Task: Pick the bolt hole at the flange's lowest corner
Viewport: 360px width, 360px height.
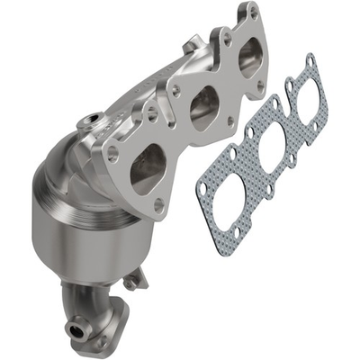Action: (159, 207)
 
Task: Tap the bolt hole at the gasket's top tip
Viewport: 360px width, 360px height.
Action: (309, 59)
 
